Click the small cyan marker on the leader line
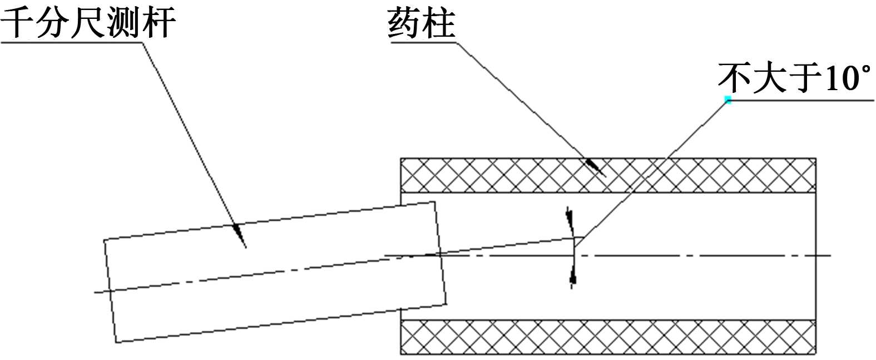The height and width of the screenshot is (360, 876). [727, 100]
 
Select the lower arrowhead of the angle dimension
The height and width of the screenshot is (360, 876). [572, 277]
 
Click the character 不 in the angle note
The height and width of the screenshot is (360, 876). [735, 78]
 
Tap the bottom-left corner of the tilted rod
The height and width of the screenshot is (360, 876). [116, 342]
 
